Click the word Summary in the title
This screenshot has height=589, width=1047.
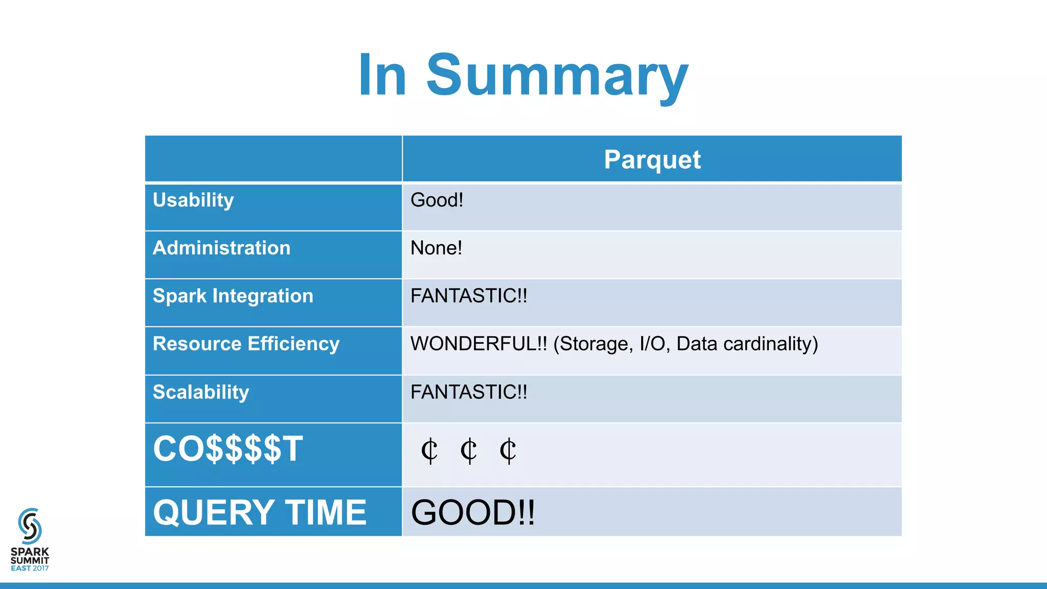click(x=557, y=75)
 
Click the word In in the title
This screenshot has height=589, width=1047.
click(x=382, y=75)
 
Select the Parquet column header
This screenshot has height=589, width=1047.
click(x=652, y=159)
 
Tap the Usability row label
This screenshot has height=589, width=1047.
click(x=193, y=200)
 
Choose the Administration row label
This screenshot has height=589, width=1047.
click(x=221, y=248)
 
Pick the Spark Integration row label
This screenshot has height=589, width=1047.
click(x=233, y=296)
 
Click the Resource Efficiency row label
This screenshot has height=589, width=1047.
click(x=246, y=344)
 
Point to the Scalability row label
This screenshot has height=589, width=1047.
click(x=201, y=392)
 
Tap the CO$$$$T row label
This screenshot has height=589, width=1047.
click(x=228, y=449)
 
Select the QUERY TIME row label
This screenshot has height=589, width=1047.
click(x=260, y=512)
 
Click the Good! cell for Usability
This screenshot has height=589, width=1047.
click(x=437, y=200)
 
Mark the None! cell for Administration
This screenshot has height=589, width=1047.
click(x=436, y=248)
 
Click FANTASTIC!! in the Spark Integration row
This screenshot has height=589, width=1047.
click(x=468, y=296)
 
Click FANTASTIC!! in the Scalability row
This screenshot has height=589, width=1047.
click(x=468, y=392)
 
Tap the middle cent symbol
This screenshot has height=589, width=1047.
click(x=468, y=451)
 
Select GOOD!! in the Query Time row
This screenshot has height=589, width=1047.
click(x=473, y=512)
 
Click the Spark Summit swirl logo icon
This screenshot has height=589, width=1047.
click(x=30, y=526)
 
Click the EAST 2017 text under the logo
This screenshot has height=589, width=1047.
click(x=30, y=568)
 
